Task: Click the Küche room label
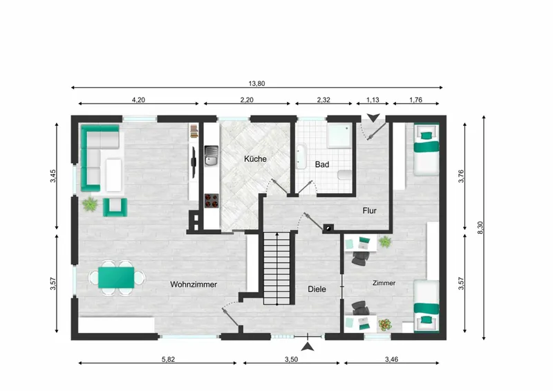[255, 159]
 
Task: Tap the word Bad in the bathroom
[322, 164]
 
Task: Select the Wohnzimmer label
[194, 284]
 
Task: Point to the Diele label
[317, 289]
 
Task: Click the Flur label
[370, 211]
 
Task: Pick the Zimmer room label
[384, 283]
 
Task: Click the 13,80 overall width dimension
[256, 83]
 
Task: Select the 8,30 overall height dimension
[480, 228]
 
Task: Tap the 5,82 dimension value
[168, 360]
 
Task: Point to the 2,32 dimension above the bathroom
[324, 100]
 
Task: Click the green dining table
[116, 278]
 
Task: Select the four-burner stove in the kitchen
[212, 201]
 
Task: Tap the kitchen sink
[212, 156]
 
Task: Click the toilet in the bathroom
[345, 175]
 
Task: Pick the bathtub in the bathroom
[301, 156]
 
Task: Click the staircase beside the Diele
[277, 268]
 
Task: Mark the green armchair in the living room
[115, 208]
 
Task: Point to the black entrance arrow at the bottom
[308, 347]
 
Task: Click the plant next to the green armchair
[90, 204]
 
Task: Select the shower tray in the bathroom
[339, 135]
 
